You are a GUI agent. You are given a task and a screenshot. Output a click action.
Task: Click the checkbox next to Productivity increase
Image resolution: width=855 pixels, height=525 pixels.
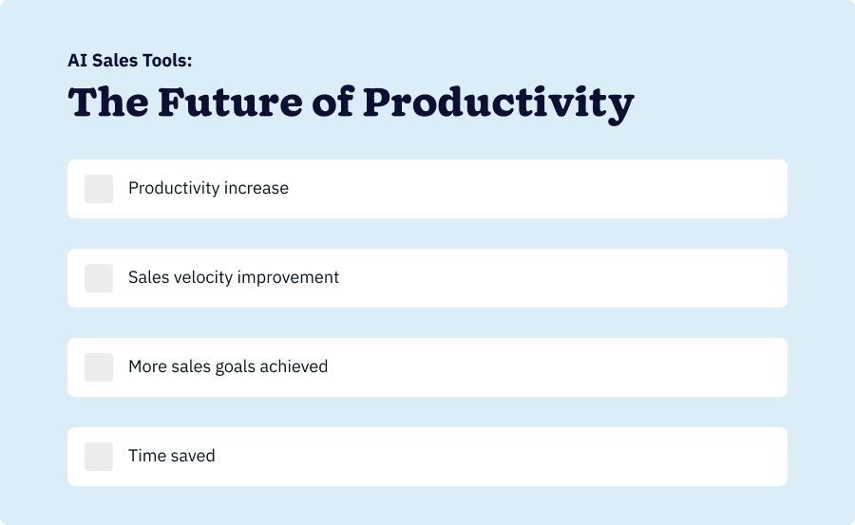99,189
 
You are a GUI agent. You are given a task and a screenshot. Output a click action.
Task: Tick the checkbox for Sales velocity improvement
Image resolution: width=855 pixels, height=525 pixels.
99,278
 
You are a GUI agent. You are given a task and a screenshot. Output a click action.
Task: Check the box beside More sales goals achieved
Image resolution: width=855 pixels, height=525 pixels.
99,367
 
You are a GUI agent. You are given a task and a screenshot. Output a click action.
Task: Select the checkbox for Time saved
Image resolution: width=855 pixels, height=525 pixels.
99,457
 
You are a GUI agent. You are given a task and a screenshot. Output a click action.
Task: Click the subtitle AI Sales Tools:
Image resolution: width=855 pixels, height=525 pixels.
130,61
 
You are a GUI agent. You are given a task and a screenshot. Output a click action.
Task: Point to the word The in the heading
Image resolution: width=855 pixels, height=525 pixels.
107,103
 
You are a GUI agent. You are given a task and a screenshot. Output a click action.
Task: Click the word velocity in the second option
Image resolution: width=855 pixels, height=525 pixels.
202,277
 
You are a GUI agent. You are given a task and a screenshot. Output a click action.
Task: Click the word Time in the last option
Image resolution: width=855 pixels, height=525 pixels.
147,456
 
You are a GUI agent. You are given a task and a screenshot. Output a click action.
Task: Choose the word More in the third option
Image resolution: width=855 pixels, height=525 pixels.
148,366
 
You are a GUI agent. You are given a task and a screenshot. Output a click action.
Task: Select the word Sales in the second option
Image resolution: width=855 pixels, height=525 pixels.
148,277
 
